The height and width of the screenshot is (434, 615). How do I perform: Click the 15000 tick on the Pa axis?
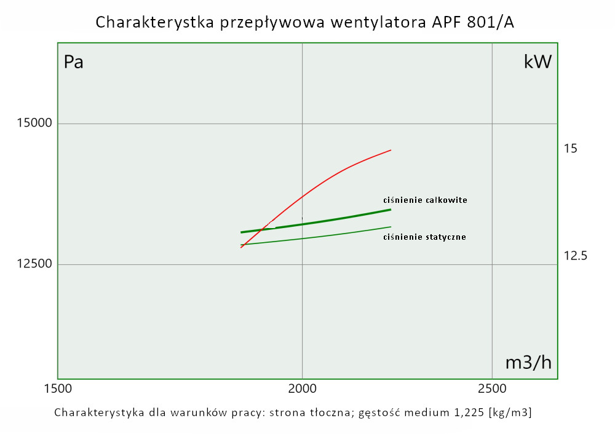coord(34,124)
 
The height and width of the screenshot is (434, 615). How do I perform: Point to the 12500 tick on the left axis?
coord(34,264)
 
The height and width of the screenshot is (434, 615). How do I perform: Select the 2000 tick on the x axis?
coord(302,389)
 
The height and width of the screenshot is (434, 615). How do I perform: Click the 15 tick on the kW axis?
coord(571,148)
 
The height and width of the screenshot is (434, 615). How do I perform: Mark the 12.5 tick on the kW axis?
coord(576,255)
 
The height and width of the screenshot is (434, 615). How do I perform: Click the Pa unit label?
coord(74,62)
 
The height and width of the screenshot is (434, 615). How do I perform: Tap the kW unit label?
coord(538,61)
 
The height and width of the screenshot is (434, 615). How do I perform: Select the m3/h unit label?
coord(528,363)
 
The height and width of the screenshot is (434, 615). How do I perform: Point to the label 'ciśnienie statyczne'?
coord(424,237)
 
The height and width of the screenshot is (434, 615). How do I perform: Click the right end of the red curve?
coord(391,150)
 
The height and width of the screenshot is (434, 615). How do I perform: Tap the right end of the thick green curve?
coord(391,210)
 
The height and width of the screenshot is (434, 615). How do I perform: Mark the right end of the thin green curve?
coord(391,227)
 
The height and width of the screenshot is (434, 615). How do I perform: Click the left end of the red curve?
coord(241,247)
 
